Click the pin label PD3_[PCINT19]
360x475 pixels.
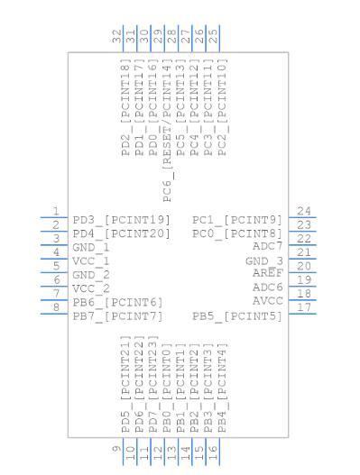121,220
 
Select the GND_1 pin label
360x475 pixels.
91,248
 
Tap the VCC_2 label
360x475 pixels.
91,289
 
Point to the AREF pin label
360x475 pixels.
267,272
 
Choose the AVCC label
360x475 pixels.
267,301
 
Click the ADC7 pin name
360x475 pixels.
267,246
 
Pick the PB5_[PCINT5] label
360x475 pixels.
237,317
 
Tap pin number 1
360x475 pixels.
56,211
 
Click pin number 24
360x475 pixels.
304,211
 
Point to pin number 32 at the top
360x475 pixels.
117,36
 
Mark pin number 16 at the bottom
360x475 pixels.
213,452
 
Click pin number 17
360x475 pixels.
304,307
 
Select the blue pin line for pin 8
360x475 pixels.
54,314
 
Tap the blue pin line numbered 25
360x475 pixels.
219,39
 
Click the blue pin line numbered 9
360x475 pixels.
123,452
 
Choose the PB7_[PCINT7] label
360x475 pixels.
117,317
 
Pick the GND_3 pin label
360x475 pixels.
264,261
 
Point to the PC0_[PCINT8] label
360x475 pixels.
237,234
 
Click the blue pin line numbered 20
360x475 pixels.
302,272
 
